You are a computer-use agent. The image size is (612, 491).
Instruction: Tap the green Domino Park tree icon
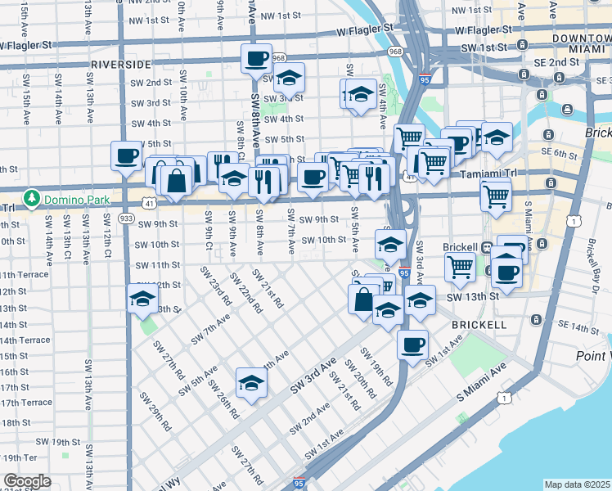32,197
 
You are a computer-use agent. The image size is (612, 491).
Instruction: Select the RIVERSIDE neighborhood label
121,63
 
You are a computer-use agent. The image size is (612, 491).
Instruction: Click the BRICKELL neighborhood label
479,325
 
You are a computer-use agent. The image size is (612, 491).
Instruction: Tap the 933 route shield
126,218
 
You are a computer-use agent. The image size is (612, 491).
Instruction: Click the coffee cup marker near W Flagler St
256,58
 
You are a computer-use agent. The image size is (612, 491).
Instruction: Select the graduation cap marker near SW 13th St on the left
142,300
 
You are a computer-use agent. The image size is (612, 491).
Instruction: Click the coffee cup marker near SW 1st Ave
413,345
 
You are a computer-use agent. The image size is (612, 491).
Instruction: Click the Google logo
27,480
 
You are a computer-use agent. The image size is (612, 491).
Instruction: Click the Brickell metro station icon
486,246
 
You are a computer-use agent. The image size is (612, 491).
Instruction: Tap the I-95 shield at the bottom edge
300,484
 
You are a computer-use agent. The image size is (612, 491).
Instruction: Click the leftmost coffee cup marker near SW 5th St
127,155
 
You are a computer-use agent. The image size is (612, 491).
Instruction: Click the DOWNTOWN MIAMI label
582,44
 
